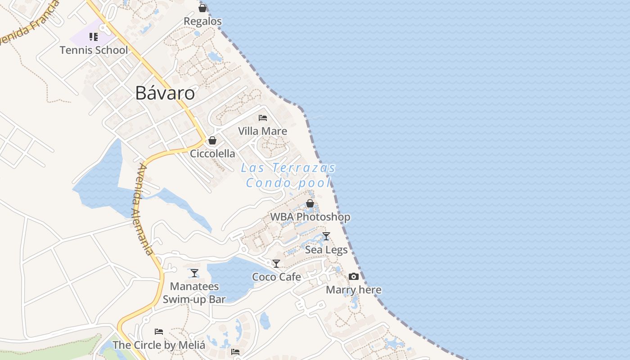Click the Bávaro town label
point(165,93)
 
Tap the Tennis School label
point(94,50)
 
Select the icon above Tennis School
point(94,37)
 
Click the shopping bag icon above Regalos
point(202,8)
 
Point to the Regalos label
point(203,21)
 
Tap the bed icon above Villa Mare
point(263,118)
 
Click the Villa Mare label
point(262,131)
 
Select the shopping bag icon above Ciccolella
point(212,140)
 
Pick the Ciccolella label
point(212,153)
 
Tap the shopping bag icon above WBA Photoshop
point(310,204)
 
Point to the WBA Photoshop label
point(310,217)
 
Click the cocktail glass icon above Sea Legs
point(326,236)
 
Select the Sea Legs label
point(326,250)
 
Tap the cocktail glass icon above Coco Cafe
point(276,264)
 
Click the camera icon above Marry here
point(354,277)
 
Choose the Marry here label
point(354,290)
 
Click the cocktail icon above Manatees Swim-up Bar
point(194,273)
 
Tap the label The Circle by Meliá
point(159,345)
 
